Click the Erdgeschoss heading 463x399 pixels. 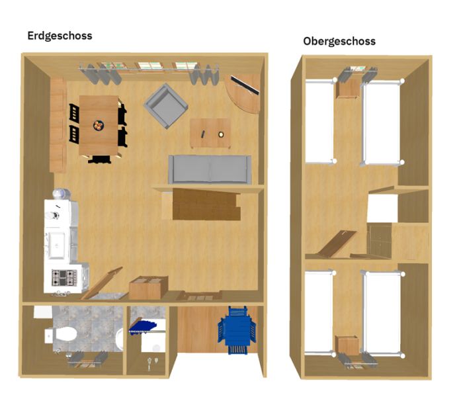tap(60, 36)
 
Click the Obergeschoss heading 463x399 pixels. tap(339, 41)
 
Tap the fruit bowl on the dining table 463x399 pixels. tap(99, 125)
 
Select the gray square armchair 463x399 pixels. tap(166, 106)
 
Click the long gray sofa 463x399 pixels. tap(210, 169)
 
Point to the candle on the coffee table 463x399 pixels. tap(221, 134)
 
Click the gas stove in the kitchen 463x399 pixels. tap(64, 278)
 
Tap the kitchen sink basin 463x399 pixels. tap(57, 245)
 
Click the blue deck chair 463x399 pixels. tap(237, 330)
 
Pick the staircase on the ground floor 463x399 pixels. tap(206, 204)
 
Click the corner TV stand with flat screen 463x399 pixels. tap(243, 93)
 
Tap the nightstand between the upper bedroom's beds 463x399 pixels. tap(348, 88)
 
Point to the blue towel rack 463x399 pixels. tap(143, 326)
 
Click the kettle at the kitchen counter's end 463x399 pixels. tap(62, 193)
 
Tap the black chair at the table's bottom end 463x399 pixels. tap(99, 159)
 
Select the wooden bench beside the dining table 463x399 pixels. tap(58, 125)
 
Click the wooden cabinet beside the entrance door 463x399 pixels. tap(149, 287)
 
